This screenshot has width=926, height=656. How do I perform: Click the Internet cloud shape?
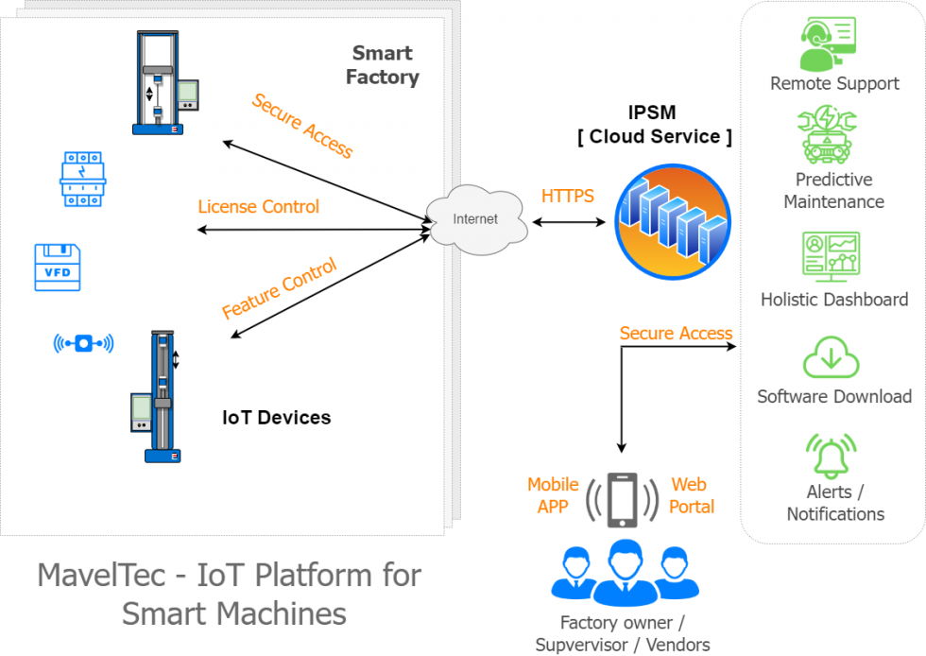point(474,219)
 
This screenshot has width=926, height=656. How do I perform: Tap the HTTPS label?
point(567,197)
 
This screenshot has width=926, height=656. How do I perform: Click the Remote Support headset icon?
point(828,43)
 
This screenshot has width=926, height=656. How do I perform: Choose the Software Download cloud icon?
point(832,356)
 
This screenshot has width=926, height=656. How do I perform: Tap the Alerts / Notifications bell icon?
point(832,456)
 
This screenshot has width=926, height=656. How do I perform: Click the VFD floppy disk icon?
point(58,267)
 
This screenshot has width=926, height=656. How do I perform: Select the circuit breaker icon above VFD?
point(82,180)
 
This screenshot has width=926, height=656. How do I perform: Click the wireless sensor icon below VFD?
point(83,343)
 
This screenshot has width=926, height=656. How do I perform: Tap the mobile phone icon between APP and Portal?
point(621,499)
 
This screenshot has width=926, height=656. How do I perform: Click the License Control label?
point(258,207)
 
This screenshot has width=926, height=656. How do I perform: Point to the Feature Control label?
point(279,288)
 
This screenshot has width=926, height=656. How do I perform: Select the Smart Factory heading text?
point(383,65)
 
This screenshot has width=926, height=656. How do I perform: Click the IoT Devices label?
point(276,417)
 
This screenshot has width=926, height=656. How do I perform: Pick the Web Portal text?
point(691,495)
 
